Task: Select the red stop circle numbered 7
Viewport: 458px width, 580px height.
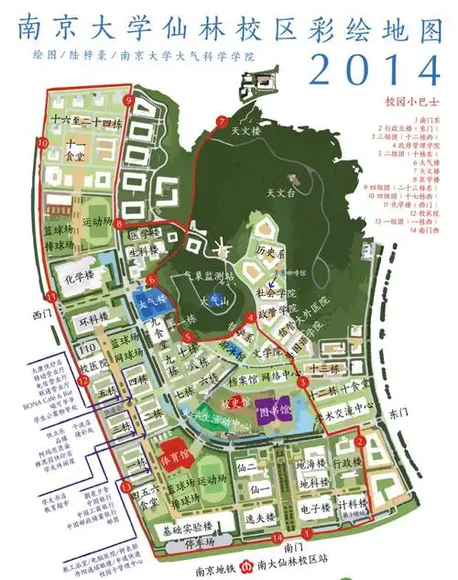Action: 221,122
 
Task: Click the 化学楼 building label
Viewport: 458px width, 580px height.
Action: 79,273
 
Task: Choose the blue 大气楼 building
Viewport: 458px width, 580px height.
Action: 152,301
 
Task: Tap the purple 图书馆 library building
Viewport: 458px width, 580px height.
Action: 272,407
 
